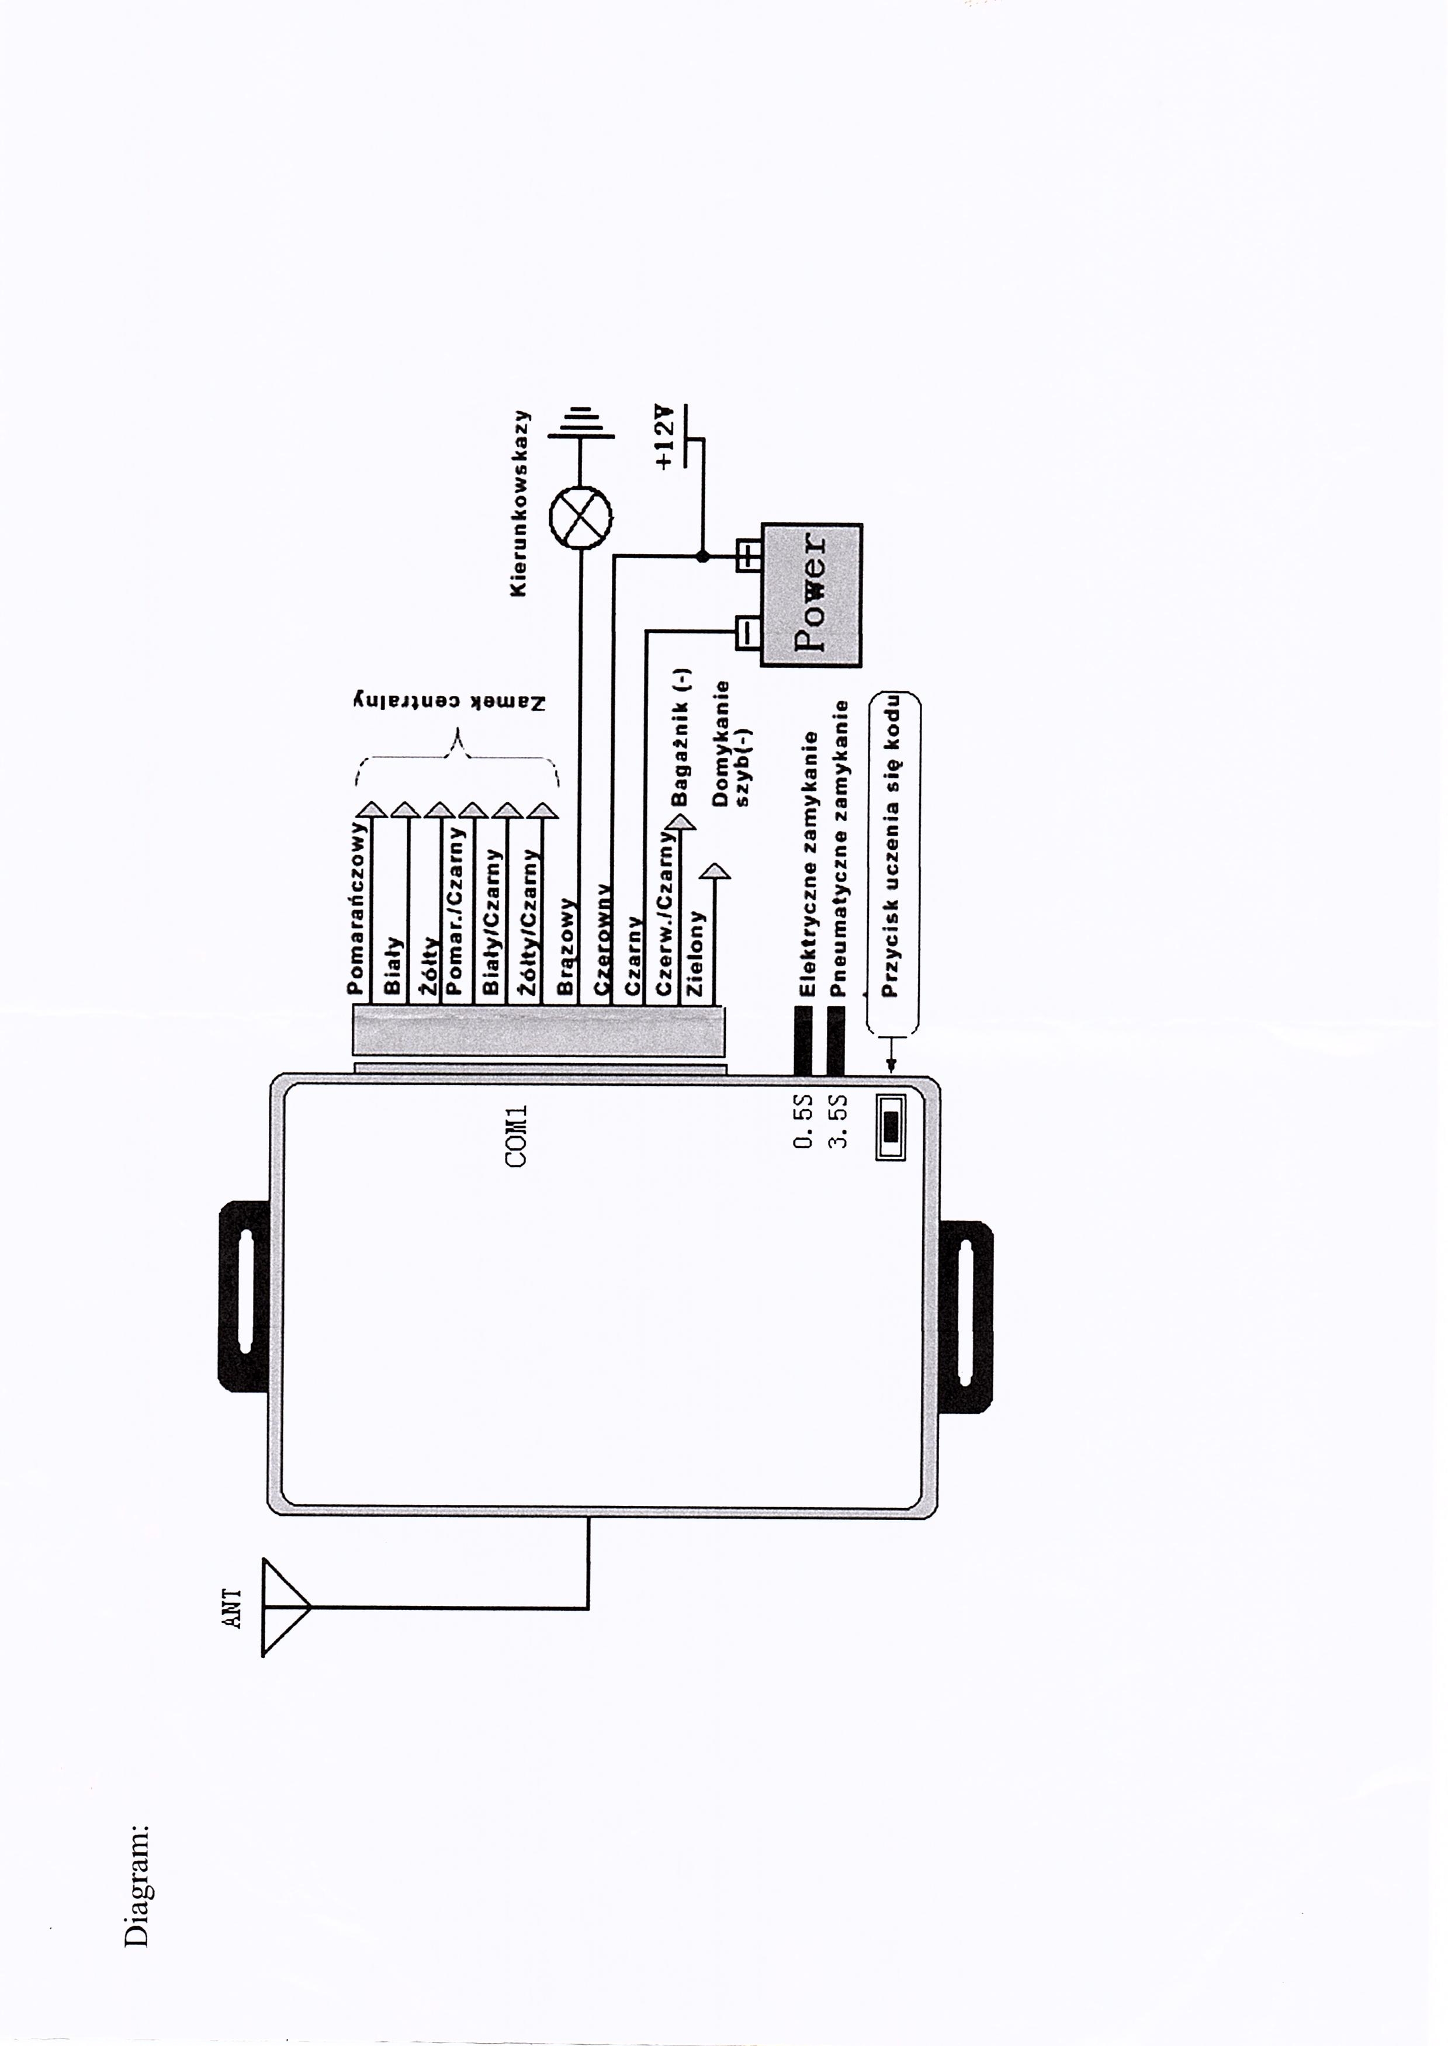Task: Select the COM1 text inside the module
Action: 516,1137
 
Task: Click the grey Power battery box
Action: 809,595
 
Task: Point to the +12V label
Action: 663,437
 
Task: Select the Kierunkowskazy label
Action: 521,504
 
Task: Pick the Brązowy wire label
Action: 564,946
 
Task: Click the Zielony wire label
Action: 695,953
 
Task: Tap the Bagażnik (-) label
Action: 682,738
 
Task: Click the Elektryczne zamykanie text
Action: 809,865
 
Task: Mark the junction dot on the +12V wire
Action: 702,556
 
